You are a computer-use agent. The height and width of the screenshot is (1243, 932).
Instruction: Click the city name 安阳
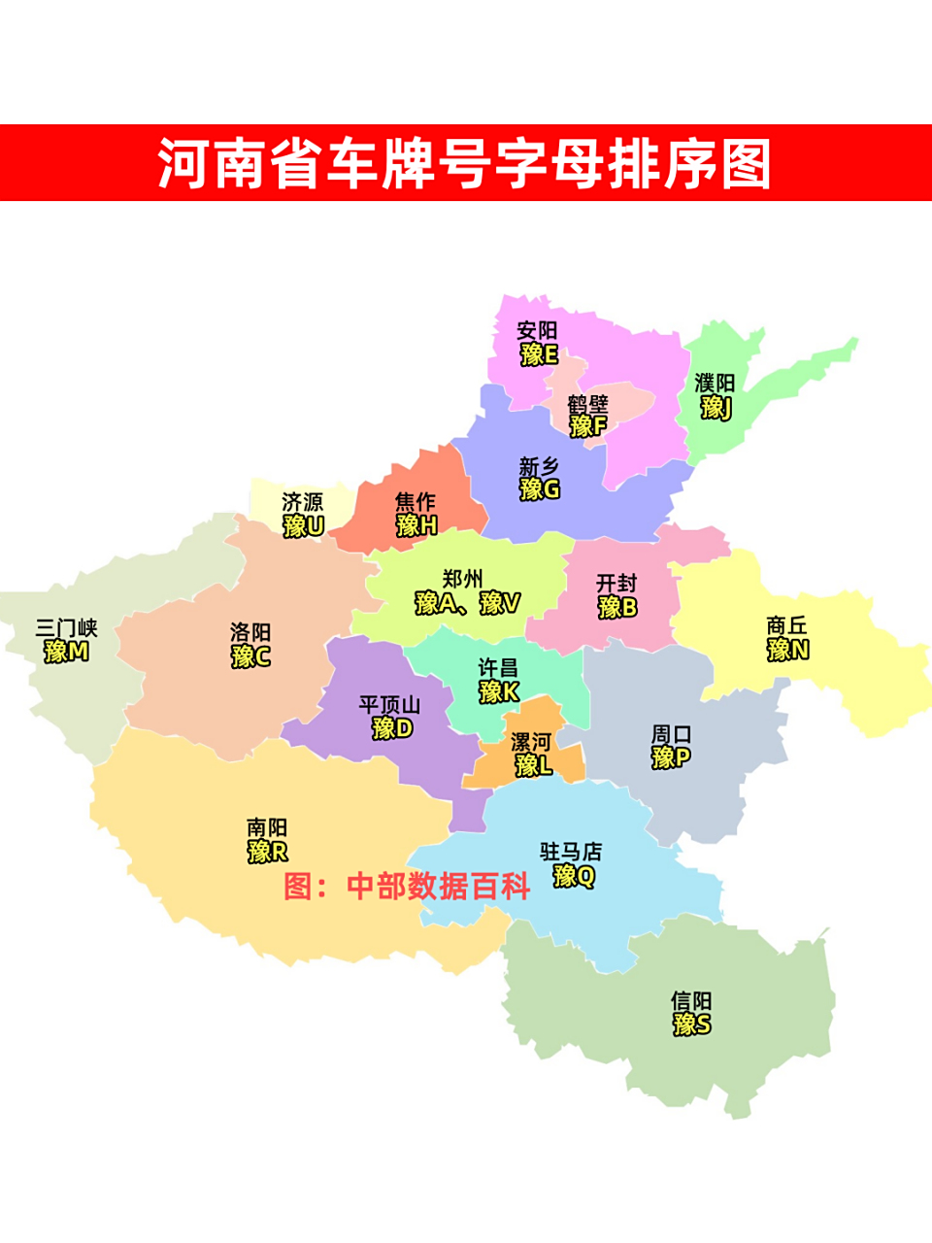(537, 330)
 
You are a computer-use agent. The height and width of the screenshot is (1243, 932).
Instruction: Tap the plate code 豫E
(539, 354)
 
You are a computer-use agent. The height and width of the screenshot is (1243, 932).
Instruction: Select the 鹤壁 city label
(588, 403)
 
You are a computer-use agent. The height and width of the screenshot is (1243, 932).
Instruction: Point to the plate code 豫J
(716, 408)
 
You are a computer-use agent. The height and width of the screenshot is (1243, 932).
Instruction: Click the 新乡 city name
(539, 467)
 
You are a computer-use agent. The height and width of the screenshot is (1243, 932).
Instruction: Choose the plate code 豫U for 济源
(303, 526)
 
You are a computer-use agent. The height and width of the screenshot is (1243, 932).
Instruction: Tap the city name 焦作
(416, 502)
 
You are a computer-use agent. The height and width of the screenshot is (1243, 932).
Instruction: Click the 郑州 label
(462, 580)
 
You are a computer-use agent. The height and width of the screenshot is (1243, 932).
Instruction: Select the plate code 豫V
(500, 603)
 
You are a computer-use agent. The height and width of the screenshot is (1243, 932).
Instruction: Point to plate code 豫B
(617, 608)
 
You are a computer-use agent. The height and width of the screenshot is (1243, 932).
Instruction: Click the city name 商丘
(786, 626)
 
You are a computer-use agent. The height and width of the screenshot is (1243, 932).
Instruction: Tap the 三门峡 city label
(67, 628)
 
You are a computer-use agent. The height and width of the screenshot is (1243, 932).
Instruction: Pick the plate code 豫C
(250, 656)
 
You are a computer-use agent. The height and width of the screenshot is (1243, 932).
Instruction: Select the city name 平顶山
(389, 704)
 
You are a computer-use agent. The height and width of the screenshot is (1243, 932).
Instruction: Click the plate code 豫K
(499, 692)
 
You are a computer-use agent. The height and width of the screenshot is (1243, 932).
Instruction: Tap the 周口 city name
(671, 734)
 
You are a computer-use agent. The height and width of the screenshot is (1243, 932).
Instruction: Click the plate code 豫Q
(573, 876)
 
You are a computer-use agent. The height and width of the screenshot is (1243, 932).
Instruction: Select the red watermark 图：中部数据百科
(407, 886)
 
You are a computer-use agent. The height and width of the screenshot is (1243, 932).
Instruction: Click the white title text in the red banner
(465, 163)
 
